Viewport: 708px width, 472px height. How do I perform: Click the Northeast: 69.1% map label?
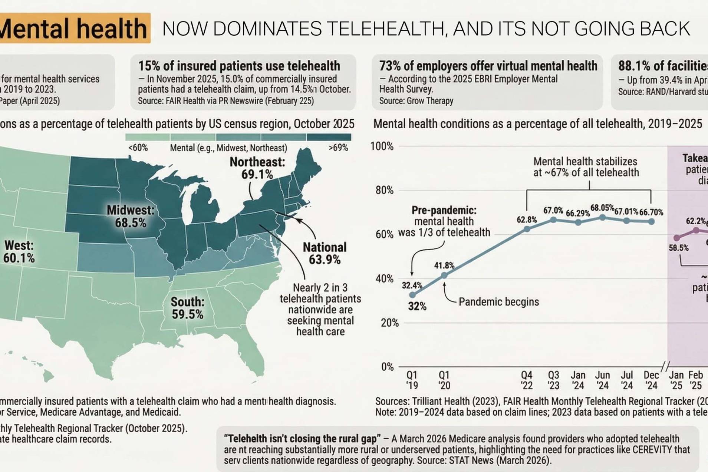coord(257,168)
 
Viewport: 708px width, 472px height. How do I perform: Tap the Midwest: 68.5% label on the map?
coord(130,216)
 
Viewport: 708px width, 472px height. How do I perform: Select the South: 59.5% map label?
coord(187,308)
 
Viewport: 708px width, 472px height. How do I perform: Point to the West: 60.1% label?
coord(19,251)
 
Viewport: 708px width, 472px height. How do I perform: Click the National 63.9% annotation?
coord(325,254)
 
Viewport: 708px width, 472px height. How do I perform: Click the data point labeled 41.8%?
coord(444,275)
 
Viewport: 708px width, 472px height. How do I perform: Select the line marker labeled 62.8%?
coord(527,229)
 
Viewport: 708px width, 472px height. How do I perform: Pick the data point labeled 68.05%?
coord(602,218)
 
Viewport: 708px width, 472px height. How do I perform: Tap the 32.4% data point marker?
coord(412,295)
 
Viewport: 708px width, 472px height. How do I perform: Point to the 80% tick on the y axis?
coord(384,190)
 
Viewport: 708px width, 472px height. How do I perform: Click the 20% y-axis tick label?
coord(389,323)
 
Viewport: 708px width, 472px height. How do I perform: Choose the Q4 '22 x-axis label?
coord(527,380)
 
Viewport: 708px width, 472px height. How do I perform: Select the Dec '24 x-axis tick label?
coord(651,380)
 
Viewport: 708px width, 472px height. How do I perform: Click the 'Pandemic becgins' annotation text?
coord(498,302)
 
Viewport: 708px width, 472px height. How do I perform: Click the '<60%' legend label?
coord(138,148)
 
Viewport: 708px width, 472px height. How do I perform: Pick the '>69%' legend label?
coord(338,148)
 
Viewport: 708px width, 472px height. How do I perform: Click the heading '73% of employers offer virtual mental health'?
coord(488,66)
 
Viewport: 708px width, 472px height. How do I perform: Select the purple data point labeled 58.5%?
coord(677,238)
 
